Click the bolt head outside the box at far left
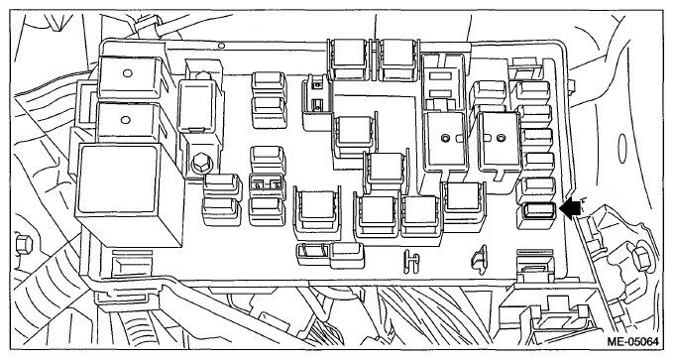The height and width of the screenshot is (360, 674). [x=21, y=242]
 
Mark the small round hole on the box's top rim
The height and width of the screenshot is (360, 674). [x=225, y=45]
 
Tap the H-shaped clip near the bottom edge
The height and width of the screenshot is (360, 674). [x=408, y=261]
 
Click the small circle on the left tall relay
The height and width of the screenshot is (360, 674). [x=447, y=136]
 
